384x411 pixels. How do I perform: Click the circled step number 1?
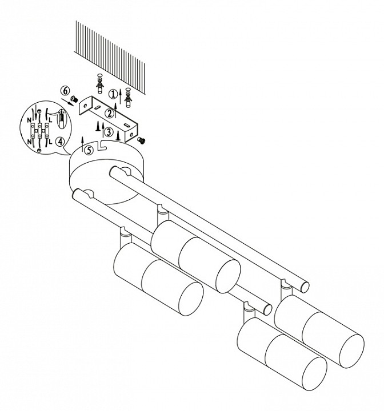[113, 94]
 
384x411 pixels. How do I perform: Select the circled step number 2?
[109, 114]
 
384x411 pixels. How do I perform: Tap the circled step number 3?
[109, 132]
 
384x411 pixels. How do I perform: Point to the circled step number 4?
[61, 142]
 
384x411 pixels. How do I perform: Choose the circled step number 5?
[89, 151]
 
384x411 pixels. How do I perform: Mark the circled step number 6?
[65, 91]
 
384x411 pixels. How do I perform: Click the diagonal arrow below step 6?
[67, 102]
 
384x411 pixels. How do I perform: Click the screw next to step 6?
[74, 99]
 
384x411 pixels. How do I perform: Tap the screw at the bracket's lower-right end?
[142, 140]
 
